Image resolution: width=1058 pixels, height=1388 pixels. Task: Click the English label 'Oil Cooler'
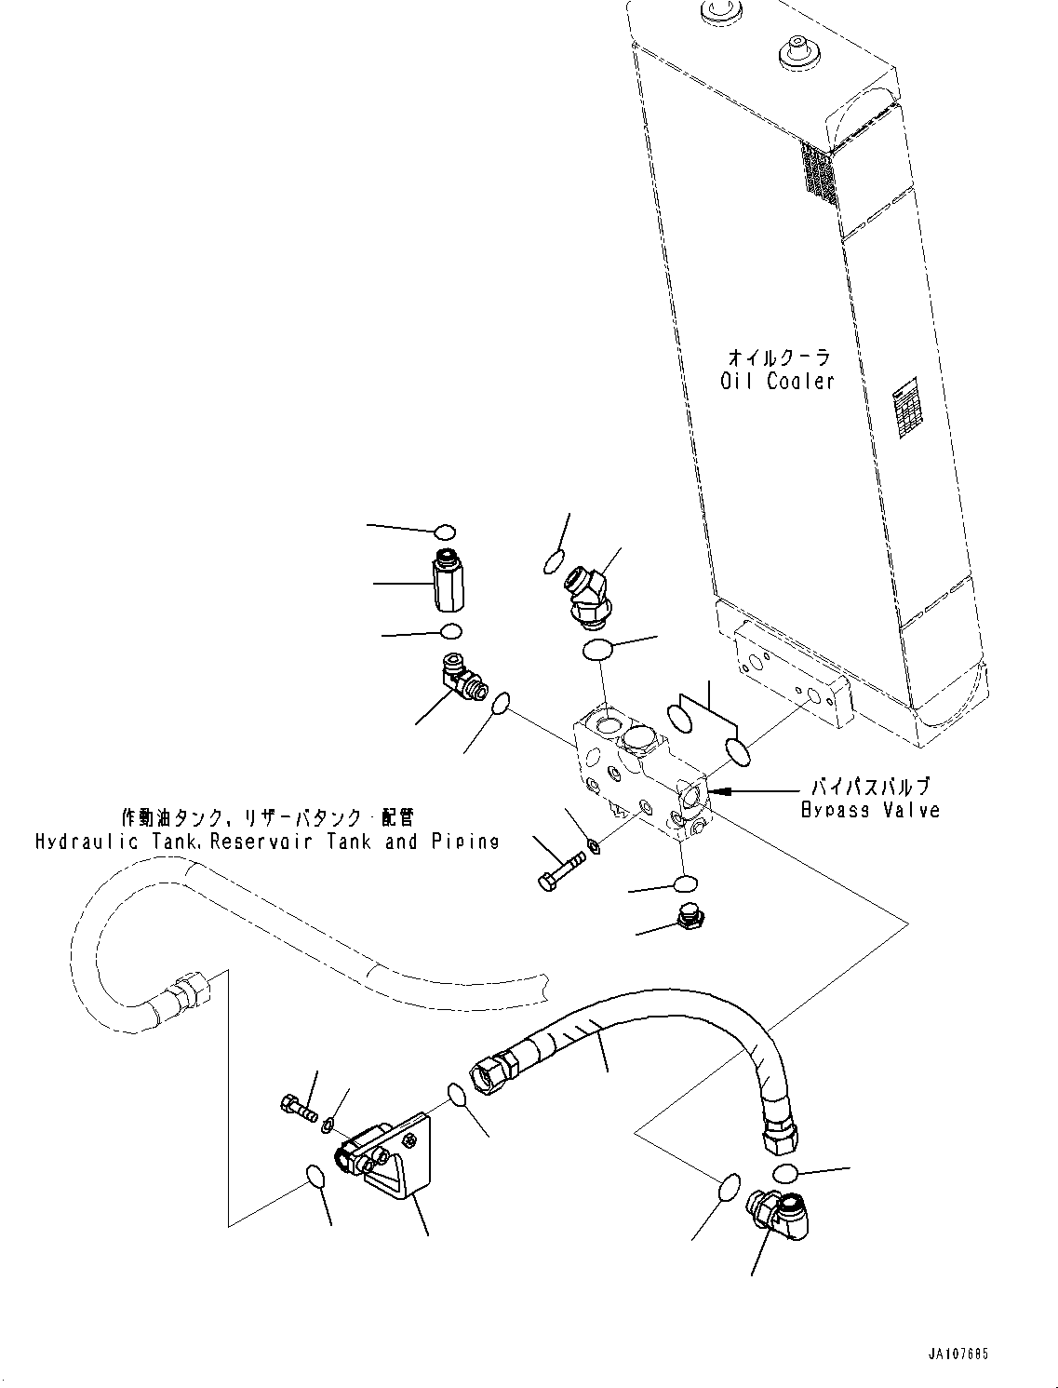point(777,381)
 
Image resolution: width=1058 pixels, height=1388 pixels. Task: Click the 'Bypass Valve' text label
point(870,810)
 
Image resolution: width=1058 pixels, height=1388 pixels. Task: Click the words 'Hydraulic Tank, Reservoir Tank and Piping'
point(267,842)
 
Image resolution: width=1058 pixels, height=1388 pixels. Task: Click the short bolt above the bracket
point(296,1108)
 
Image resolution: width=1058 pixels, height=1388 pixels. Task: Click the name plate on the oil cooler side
point(905,410)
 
